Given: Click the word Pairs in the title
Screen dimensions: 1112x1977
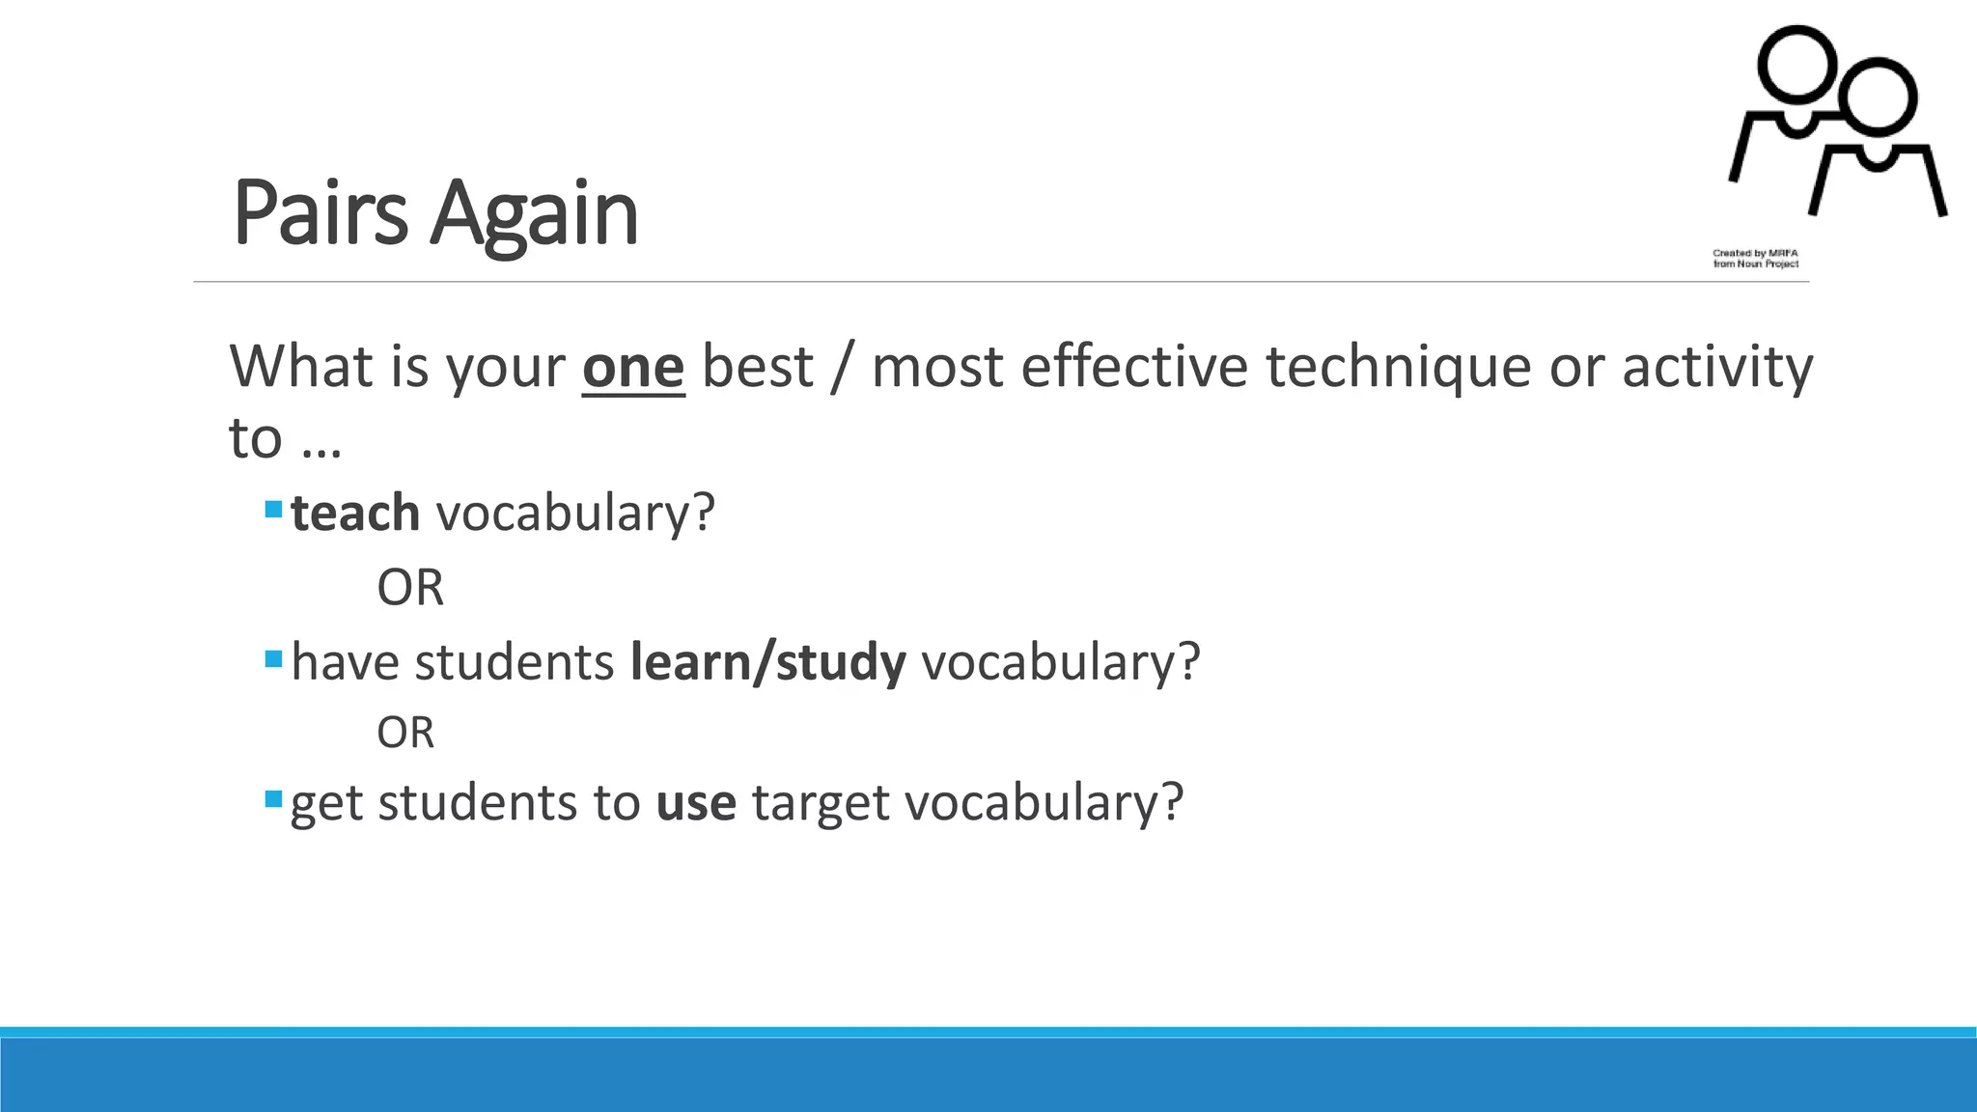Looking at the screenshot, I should point(320,213).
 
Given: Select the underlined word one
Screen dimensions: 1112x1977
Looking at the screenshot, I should point(633,368).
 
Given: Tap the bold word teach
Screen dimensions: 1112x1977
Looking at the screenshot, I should point(355,513).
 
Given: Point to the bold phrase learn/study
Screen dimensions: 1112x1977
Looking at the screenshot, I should point(767,662).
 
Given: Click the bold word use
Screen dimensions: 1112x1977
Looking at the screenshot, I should point(696,802).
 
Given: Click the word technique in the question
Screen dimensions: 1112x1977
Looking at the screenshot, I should point(1399,368).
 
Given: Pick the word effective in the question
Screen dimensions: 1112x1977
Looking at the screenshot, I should point(1134,367).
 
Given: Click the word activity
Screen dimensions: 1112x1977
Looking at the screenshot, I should point(1717,368).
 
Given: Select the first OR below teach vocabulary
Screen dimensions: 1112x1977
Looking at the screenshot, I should point(410,587).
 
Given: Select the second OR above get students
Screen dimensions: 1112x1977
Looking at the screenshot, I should point(405,733).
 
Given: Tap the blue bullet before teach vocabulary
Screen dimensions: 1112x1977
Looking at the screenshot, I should point(273,508).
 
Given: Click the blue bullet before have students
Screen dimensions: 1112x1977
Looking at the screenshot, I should point(273,659).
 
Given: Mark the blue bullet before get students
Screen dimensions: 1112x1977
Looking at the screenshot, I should point(273,799).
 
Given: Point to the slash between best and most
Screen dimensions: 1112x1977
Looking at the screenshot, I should point(842,368).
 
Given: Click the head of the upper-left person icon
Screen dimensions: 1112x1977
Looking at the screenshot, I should point(1796,62).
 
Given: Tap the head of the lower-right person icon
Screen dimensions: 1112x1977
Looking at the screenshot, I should point(1878,96).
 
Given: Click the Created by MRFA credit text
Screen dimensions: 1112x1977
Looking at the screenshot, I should point(1756,258).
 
